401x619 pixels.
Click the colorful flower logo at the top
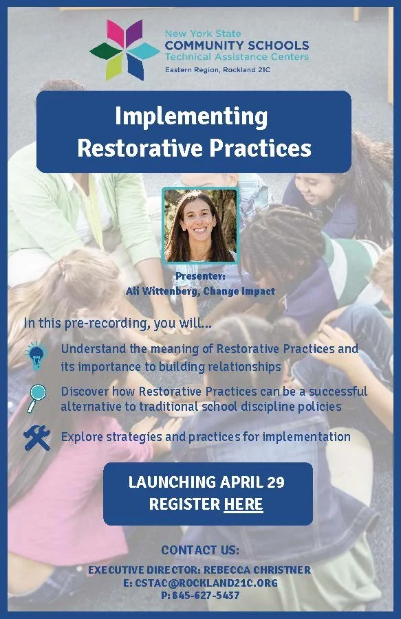[124, 49]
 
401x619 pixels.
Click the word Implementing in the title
[191, 116]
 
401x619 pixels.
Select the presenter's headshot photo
[200, 225]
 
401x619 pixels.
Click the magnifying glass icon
[36, 397]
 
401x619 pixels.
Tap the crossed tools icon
[36, 437]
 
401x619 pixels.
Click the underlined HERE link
[243, 505]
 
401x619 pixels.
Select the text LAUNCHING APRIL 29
[206, 482]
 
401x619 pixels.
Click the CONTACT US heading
[200, 550]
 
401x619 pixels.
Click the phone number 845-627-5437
[206, 596]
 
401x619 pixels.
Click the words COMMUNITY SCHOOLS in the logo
[237, 45]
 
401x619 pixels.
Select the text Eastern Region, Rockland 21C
[215, 69]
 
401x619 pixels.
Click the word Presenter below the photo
[199, 276]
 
